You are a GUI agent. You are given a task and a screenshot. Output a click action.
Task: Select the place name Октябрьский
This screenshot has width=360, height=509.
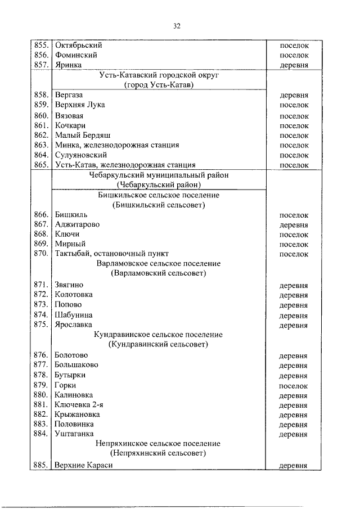point(76,45)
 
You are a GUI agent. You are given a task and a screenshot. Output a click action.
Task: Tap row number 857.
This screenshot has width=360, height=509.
point(41,65)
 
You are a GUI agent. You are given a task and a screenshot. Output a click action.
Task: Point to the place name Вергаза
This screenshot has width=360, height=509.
point(69,95)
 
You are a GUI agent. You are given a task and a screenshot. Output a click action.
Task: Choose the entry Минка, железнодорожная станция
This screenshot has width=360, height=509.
point(117,145)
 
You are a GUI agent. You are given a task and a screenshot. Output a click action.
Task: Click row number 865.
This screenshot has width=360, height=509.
point(41,165)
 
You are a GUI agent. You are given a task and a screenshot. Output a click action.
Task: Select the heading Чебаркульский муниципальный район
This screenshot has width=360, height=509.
point(158,175)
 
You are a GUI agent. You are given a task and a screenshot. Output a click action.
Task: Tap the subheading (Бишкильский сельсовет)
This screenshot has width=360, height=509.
point(158,205)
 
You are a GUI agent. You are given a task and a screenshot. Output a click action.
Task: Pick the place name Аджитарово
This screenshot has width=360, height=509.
point(77,224)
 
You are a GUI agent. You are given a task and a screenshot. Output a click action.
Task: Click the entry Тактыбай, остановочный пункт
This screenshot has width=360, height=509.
point(112,254)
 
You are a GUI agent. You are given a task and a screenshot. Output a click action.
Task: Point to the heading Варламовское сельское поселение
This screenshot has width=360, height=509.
point(158,264)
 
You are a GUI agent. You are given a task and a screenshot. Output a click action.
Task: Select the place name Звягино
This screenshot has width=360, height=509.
point(69,285)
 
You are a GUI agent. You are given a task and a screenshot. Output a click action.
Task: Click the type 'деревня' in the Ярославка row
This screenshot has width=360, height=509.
point(293,325)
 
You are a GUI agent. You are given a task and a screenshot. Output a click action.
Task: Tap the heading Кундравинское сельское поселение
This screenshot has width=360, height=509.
point(158,335)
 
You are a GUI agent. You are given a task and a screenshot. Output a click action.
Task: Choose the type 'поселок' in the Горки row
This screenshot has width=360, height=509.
point(293,386)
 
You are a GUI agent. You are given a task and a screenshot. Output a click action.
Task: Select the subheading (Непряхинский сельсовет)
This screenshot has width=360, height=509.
point(158,453)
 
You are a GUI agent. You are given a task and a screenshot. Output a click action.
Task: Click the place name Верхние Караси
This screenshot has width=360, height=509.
point(84,466)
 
